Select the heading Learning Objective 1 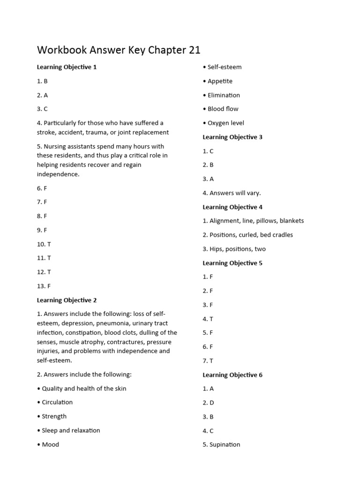pyautogui.click(x=67, y=67)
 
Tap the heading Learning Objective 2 pyautogui.click(x=67, y=300)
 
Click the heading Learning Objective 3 pyautogui.click(x=232, y=137)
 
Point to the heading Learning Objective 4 pyautogui.click(x=232, y=207)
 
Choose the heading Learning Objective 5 pyautogui.click(x=232, y=263)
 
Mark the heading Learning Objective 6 pyautogui.click(x=232, y=375)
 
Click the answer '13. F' pyautogui.click(x=44, y=286)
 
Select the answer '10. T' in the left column pyautogui.click(x=44, y=244)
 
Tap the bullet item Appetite pyautogui.click(x=219, y=81)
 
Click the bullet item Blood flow pyautogui.click(x=223, y=109)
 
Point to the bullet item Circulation pyautogui.click(x=57, y=402)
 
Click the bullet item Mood pyautogui.click(x=50, y=444)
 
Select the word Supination pyautogui.click(x=225, y=444)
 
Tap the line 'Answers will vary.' pyautogui.click(x=235, y=193)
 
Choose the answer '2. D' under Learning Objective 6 pyautogui.click(x=208, y=403)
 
